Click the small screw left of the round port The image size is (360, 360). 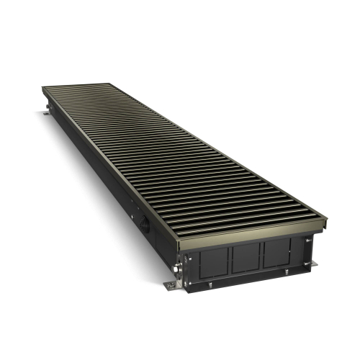click(x=132, y=214)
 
